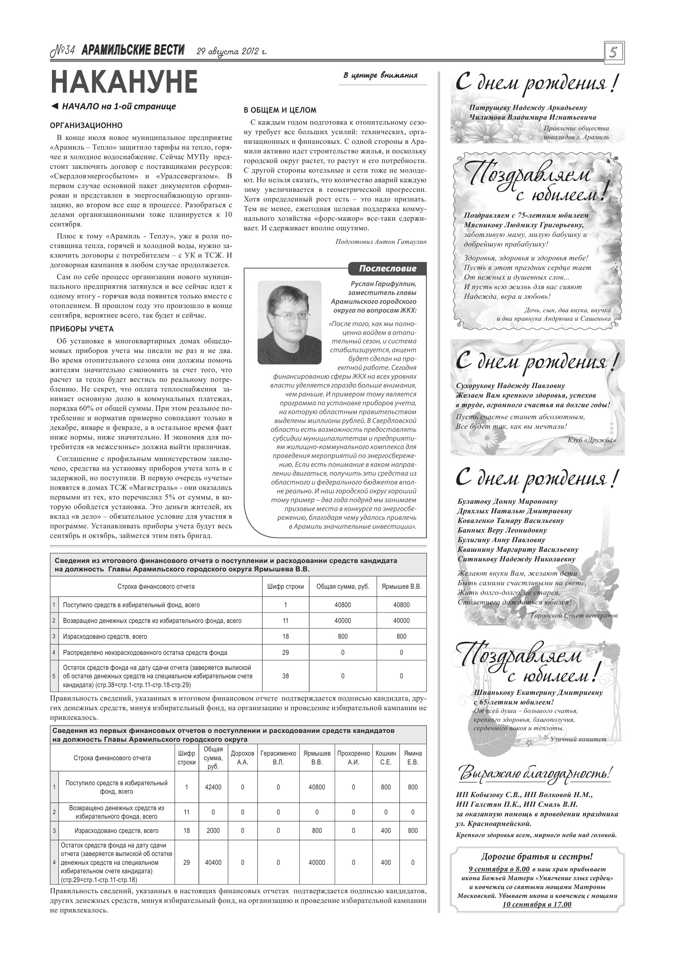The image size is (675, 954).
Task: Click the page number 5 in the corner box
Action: [614, 53]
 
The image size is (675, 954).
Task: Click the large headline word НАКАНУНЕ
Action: [124, 82]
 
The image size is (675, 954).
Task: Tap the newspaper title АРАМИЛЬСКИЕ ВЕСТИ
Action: [133, 50]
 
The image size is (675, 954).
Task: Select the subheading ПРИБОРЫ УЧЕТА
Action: [82, 329]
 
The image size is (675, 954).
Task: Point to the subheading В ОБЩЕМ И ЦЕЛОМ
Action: [280, 110]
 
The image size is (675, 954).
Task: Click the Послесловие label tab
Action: [387, 268]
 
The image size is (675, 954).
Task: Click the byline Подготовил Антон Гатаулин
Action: [381, 241]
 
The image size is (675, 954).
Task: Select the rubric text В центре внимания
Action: [380, 75]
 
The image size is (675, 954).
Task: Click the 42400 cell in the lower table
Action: [213, 787]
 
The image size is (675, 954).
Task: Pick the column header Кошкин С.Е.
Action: [386, 758]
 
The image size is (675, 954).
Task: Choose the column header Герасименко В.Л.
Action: [278, 758]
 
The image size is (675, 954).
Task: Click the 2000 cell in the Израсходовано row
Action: [213, 831]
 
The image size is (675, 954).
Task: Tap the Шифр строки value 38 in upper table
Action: [285, 676]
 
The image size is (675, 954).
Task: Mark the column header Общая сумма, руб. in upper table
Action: [343, 587]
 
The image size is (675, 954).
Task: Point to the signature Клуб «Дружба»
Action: [591, 440]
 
